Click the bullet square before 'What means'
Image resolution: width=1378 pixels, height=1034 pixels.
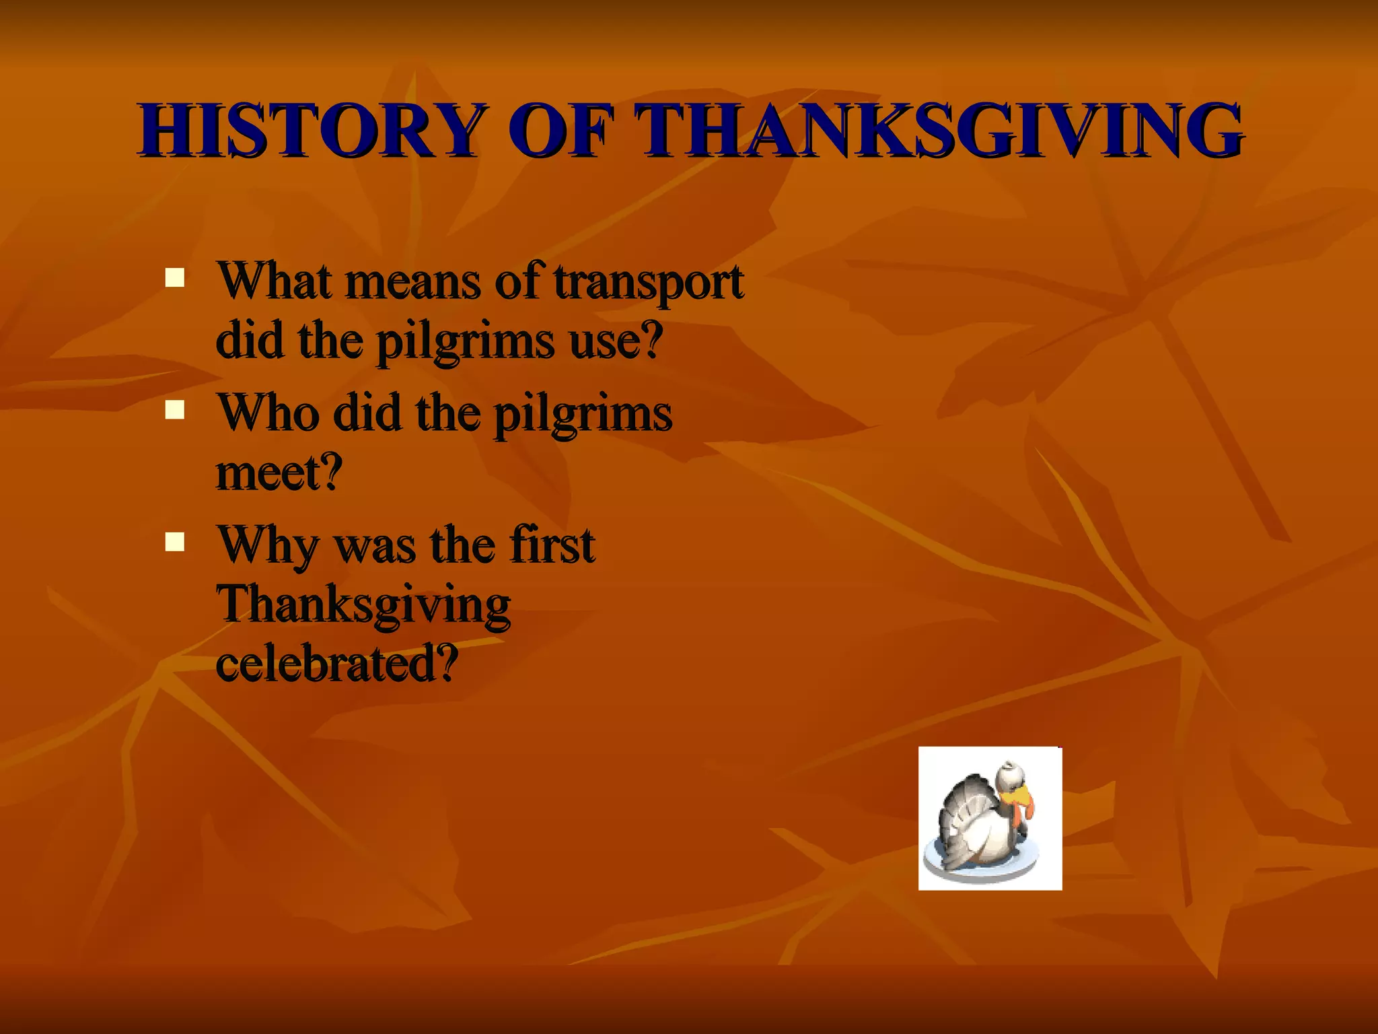175,278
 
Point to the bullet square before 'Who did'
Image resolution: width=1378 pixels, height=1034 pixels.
175,410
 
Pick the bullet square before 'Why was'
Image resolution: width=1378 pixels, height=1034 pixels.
175,542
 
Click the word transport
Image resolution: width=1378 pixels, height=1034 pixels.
649,281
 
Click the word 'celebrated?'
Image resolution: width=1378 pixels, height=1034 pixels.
337,664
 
